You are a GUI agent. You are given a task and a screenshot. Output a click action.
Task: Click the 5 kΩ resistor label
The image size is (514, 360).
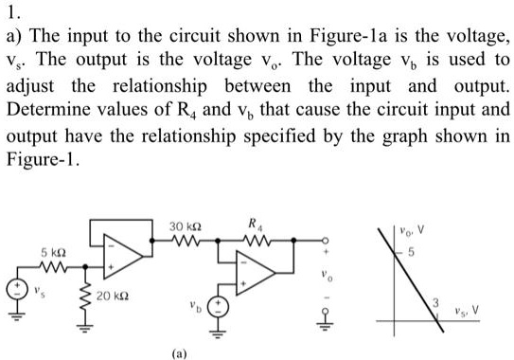52,253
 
